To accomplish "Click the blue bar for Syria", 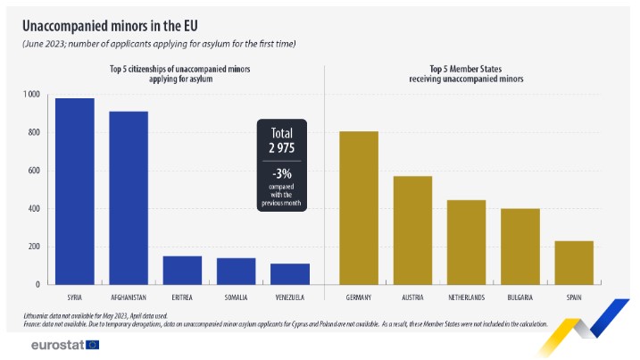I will pyautogui.click(x=75, y=191).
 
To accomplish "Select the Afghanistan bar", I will pyautogui.click(x=129, y=197).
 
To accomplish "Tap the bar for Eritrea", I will pyautogui.click(x=182, y=270).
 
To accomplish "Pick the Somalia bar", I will pyautogui.click(x=236, y=271).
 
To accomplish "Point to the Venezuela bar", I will pyautogui.click(x=290, y=273).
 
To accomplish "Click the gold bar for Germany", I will pyautogui.click(x=359, y=207).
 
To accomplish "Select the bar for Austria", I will pyautogui.click(x=412, y=230).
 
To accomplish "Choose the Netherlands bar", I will pyautogui.click(x=466, y=242).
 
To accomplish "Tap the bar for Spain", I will pyautogui.click(x=574, y=263).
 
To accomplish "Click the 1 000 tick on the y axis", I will pyautogui.click(x=31, y=95).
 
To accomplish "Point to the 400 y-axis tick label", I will pyautogui.click(x=34, y=209).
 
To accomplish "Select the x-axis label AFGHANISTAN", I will pyautogui.click(x=129, y=297).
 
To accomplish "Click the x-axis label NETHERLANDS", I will pyautogui.click(x=466, y=297).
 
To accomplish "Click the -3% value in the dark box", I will pyautogui.click(x=282, y=172).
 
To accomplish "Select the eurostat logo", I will pyautogui.click(x=64, y=344).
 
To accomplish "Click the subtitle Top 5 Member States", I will pyautogui.click(x=465, y=69).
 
